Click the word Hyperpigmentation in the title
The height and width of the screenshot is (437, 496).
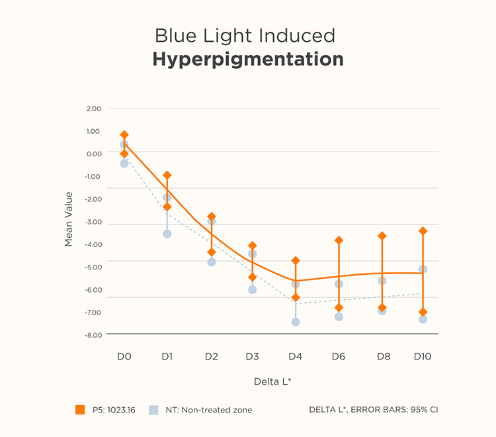click(248, 59)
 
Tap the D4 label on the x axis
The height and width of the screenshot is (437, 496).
click(295, 356)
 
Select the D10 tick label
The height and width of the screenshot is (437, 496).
click(423, 356)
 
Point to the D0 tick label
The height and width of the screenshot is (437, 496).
click(124, 356)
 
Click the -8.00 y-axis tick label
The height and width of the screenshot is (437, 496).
click(93, 335)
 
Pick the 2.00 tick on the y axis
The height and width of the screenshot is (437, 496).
click(94, 109)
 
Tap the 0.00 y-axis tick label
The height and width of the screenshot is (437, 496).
click(94, 154)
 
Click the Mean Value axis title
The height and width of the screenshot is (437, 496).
click(69, 219)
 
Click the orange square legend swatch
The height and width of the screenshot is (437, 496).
click(80, 410)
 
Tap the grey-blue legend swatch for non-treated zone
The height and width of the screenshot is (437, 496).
click(153, 410)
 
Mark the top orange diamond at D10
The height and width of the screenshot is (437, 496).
click(423, 231)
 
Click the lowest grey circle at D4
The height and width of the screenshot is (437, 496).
click(296, 322)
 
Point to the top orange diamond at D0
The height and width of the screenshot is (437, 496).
click(124, 135)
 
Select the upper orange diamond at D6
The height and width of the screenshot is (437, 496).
click(339, 240)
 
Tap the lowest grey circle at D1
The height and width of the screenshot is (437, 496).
click(167, 234)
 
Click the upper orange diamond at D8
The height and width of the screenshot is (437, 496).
click(382, 236)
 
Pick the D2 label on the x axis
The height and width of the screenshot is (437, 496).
click(212, 356)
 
